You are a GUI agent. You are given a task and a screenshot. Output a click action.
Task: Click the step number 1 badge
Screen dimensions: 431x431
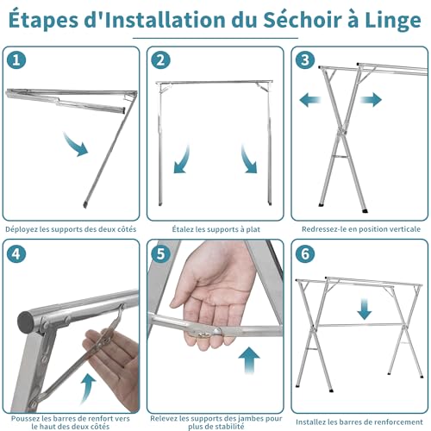18,61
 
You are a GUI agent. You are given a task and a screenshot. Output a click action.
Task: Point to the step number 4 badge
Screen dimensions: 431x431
18,255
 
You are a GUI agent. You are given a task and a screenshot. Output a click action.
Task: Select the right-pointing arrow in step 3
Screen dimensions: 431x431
372,100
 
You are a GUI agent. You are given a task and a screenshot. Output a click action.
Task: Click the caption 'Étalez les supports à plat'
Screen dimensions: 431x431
215,229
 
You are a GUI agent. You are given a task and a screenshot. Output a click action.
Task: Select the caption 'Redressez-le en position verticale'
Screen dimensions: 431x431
359,229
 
